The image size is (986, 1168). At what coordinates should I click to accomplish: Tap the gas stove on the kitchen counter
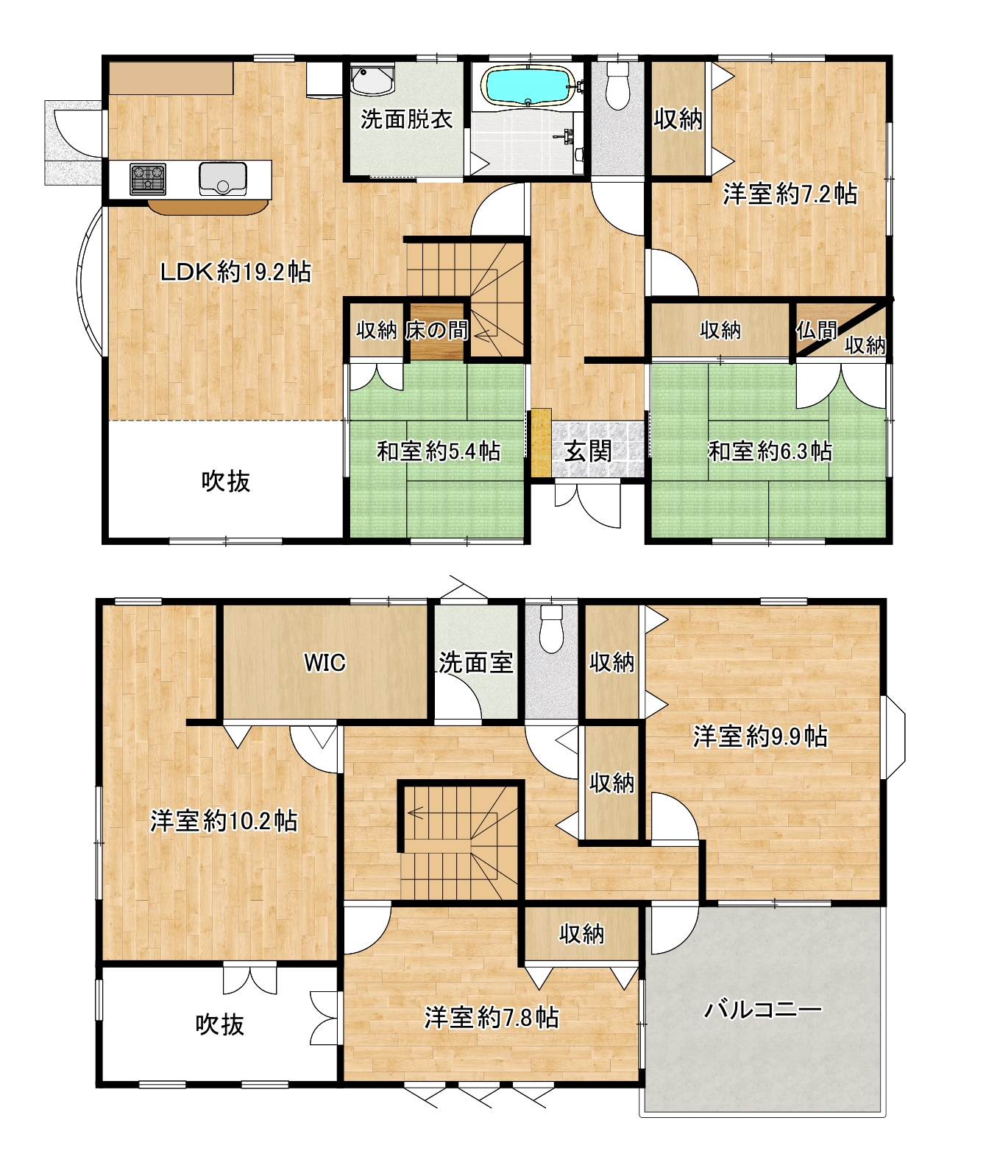click(148, 179)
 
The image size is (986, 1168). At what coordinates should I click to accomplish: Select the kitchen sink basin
click(222, 178)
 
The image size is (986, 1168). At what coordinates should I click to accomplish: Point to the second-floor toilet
click(551, 629)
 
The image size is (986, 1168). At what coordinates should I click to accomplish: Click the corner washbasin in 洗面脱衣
click(372, 80)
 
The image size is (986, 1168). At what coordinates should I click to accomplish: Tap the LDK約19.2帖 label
click(236, 272)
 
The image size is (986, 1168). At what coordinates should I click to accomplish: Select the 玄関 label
click(587, 451)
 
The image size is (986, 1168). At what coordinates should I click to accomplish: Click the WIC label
click(324, 663)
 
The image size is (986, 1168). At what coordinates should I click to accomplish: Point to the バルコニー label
click(763, 1010)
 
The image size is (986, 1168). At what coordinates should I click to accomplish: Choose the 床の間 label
click(436, 330)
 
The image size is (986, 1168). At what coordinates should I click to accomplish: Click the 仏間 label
click(817, 331)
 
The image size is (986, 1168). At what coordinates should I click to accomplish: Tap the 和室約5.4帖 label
click(439, 451)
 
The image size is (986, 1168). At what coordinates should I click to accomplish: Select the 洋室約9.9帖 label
click(760, 736)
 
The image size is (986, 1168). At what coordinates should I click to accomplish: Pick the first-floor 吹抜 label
click(226, 481)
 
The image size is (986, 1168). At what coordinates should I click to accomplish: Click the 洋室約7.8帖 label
click(492, 1018)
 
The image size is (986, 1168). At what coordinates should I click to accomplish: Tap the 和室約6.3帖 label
click(770, 451)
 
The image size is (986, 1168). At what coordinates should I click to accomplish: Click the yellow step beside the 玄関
click(541, 443)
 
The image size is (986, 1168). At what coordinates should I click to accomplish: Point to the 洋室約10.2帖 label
click(224, 821)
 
